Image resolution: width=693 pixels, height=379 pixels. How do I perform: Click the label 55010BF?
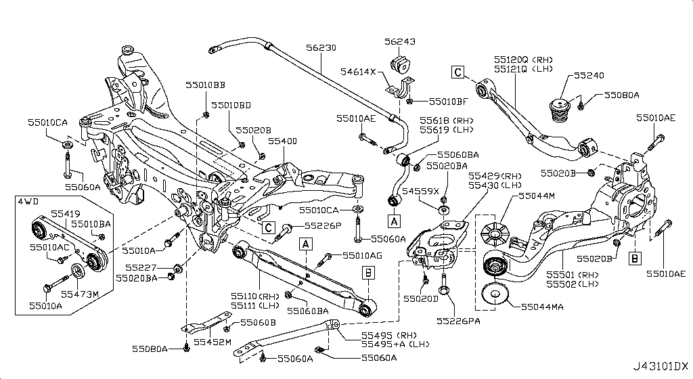(x=448, y=102)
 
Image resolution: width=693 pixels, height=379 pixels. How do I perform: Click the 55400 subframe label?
(x=282, y=141)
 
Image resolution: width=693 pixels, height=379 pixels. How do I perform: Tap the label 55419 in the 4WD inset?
(x=66, y=212)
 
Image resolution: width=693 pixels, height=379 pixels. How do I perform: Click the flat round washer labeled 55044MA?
(x=495, y=296)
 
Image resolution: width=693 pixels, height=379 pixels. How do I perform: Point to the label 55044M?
(x=537, y=196)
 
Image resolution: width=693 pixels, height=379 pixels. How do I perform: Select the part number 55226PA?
(x=458, y=320)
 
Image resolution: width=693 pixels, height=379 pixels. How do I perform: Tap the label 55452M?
(x=213, y=342)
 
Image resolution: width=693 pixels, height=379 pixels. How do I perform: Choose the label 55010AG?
(x=362, y=255)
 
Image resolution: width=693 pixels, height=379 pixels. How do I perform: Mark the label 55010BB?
(x=206, y=85)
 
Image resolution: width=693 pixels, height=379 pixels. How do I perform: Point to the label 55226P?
(x=322, y=225)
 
